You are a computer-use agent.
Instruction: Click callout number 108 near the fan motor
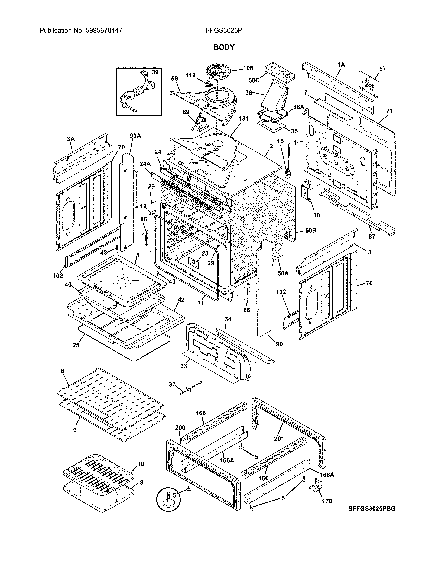248,68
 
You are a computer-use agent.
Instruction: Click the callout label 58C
254,80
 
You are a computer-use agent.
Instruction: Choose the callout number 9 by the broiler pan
141,482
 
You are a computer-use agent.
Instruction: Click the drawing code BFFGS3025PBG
372,509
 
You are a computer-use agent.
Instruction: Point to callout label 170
327,501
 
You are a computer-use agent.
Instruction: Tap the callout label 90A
135,136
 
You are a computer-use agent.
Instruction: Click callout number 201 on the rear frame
279,439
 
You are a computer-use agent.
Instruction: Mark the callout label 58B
310,231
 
